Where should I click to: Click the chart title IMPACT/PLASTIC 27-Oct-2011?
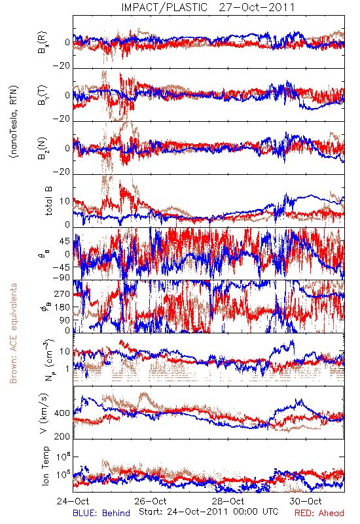point(208,7)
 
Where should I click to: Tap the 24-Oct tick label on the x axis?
point(73,501)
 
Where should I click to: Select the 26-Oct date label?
point(151,501)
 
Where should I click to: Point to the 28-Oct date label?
point(228,501)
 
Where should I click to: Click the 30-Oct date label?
point(306,501)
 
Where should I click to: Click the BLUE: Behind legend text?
point(101,513)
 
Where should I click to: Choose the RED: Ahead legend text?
point(319,513)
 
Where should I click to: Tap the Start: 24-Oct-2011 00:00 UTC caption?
point(209,512)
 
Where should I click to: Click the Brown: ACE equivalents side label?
point(13,333)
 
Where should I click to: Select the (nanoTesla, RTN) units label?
point(14,122)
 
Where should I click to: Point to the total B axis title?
point(48,201)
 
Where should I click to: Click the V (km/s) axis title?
point(44,413)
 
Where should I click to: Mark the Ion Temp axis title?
point(45,466)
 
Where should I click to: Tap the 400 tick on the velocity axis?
point(62,413)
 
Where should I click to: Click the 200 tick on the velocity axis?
point(62,436)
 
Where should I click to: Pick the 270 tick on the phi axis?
point(62,293)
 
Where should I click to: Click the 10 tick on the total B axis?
point(65,201)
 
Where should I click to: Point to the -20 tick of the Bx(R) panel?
point(62,65)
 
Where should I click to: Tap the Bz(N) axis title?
point(43,148)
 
